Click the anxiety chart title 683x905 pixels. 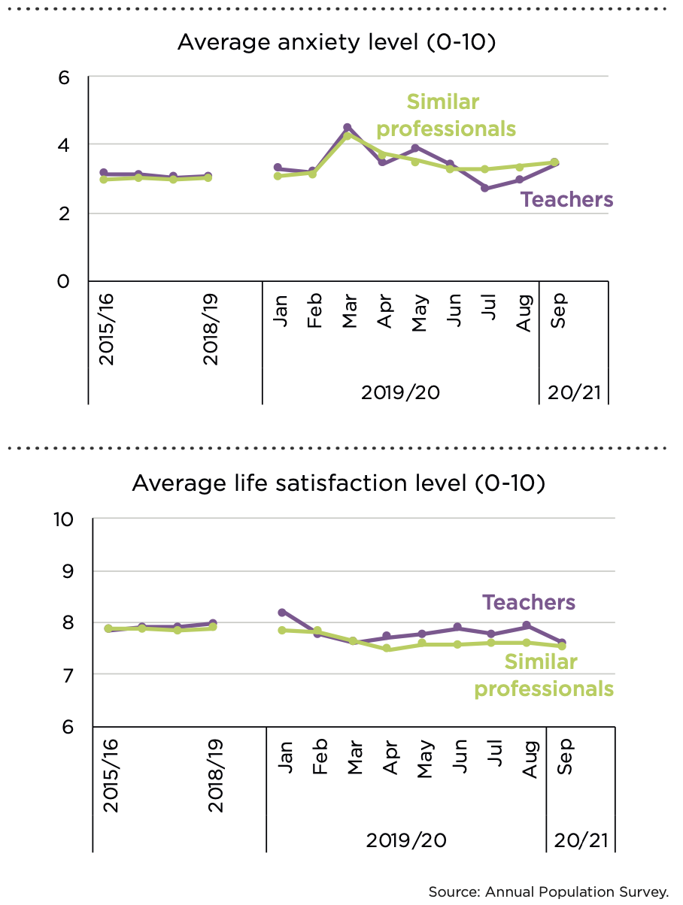point(336,44)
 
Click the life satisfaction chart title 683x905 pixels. point(338,483)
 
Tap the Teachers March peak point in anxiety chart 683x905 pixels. point(348,128)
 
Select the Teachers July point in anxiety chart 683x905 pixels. point(485,188)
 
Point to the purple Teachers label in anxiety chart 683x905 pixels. point(567,200)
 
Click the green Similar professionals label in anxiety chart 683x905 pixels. point(446,116)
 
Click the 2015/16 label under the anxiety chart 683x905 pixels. point(107,329)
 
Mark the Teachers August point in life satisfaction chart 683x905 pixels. point(527,625)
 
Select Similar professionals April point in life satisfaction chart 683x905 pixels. point(387,648)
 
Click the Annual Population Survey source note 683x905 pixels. point(548,892)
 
